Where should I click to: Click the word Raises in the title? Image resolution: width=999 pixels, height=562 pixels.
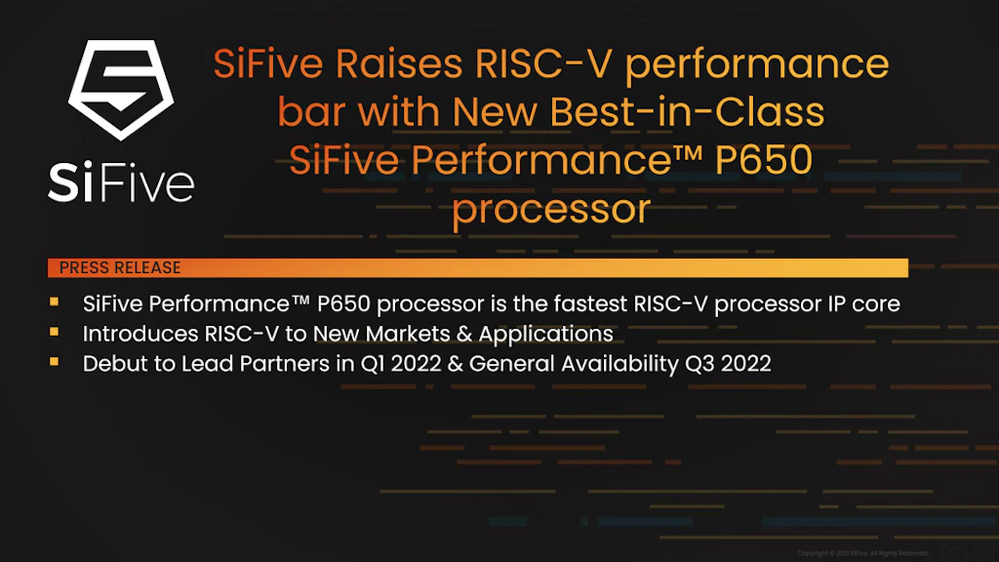(x=400, y=65)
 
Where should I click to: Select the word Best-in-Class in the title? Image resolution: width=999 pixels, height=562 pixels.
(x=688, y=112)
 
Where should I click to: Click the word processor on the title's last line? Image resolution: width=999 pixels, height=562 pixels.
(x=550, y=208)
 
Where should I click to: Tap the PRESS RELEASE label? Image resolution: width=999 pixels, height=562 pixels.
(x=120, y=267)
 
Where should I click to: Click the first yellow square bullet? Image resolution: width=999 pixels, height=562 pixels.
(x=55, y=303)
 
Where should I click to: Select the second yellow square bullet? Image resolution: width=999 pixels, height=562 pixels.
(x=55, y=333)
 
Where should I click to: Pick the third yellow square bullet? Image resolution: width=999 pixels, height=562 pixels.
(x=55, y=362)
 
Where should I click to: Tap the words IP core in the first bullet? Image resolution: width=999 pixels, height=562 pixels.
(x=863, y=304)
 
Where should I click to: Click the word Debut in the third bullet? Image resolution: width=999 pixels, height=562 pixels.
(x=110, y=363)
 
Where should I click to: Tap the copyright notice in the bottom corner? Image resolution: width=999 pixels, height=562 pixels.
(x=862, y=553)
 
